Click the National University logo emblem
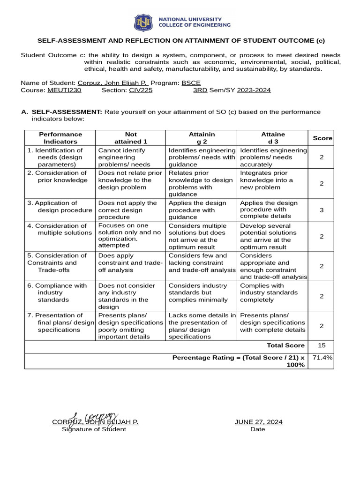pyautogui.click(x=143, y=22)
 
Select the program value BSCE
pyautogui.click(x=191, y=82)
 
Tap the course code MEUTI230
pyautogui.click(x=64, y=90)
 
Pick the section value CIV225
pyautogui.click(x=141, y=90)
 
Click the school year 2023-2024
pyautogui.click(x=254, y=90)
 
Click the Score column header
pyautogui.click(x=322, y=138)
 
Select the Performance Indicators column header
pyautogui.click(x=60, y=138)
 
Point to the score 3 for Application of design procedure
pyautogui.click(x=322, y=210)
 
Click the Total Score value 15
pyautogui.click(x=322, y=345)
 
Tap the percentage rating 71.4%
pyautogui.click(x=322, y=358)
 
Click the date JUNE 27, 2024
pyautogui.click(x=258, y=422)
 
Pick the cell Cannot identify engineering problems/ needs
pyautogui.click(x=124, y=157)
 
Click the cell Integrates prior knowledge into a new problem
pyautogui.click(x=266, y=180)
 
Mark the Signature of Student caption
pyautogui.click(x=94, y=429)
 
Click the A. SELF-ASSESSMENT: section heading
pyautogui.click(x=66, y=112)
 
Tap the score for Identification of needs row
pyautogui.click(x=322, y=157)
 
